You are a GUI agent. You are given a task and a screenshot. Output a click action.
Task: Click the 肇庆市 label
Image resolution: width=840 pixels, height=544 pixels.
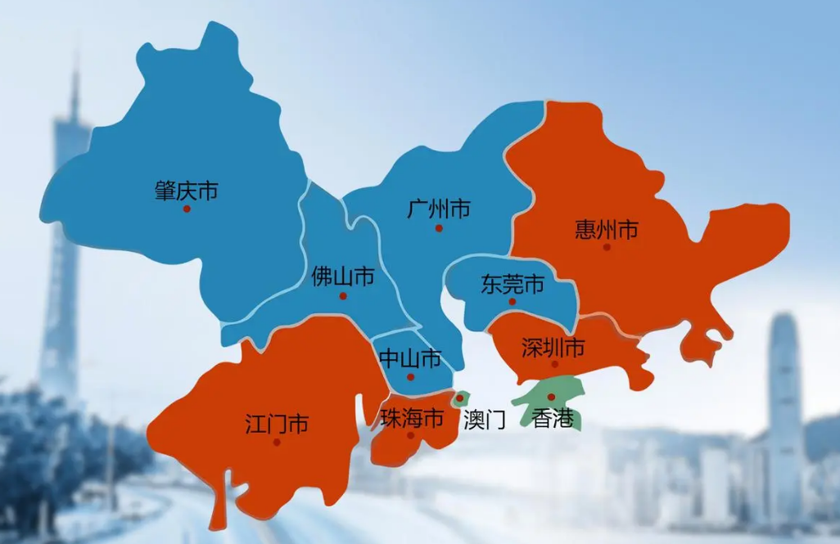click(186, 191)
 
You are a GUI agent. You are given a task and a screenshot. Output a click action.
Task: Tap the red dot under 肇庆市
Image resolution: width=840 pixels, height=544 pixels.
click(187, 209)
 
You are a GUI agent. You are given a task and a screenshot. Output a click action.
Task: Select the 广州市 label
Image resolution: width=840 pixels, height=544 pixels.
click(439, 209)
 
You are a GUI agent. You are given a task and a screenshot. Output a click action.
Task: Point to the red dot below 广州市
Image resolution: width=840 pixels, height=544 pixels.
click(439, 228)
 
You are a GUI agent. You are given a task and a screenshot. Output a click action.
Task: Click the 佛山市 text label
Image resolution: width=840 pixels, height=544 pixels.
click(343, 277)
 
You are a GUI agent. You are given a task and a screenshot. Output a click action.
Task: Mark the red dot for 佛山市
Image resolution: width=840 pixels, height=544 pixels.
click(343, 296)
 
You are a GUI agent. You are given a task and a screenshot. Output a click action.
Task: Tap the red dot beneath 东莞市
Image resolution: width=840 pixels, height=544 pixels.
click(513, 301)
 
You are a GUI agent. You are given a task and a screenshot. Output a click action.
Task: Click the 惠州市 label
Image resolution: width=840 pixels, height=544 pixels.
click(607, 229)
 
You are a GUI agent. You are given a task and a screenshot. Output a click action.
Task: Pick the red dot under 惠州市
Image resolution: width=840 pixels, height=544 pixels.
click(607, 246)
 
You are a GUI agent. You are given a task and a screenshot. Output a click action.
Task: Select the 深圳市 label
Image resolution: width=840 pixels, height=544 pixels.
click(553, 348)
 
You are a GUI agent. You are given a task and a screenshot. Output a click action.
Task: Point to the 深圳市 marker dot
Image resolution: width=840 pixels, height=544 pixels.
click(554, 364)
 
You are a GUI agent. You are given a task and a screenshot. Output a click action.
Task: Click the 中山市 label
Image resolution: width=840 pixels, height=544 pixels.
click(410, 358)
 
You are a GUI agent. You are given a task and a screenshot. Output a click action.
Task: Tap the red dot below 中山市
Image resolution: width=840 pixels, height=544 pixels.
click(411, 377)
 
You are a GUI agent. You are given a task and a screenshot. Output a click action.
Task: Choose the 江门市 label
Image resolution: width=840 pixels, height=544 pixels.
click(277, 424)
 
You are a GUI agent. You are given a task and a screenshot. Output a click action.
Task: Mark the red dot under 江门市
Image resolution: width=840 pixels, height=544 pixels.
click(277, 442)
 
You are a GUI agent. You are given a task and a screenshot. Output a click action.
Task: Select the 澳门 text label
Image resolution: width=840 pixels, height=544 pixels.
click(484, 420)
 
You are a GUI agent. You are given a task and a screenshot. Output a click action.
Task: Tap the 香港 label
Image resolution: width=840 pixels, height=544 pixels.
click(553, 420)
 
